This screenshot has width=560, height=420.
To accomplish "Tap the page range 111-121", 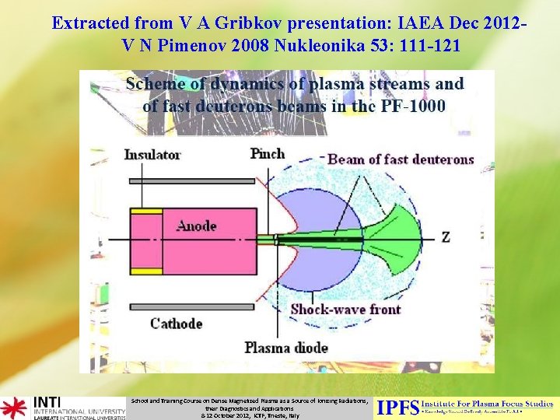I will coord(420,47).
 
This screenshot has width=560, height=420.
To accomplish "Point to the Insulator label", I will coord(152,155).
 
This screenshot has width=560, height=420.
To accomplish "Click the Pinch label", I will coord(268,154).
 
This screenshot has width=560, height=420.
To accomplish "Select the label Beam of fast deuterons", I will coord(401,159).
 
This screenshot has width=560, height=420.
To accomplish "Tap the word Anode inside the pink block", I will coord(196,226).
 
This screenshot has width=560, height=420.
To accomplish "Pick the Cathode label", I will coord(176,324).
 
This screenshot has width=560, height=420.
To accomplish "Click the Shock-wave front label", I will coord(345,310).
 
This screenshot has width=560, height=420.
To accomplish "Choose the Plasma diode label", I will coord(286,348).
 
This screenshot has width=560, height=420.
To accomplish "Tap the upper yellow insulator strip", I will coord(146,211).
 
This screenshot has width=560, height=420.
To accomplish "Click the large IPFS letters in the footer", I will coord(397,407).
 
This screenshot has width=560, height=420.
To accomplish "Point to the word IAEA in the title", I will coord(400,23).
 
